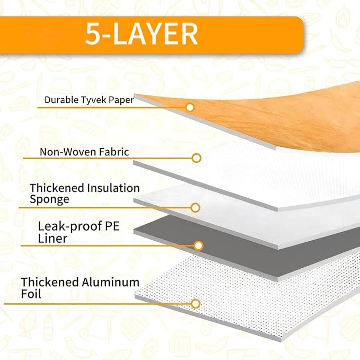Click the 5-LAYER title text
click(x=142, y=34)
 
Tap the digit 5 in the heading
click(x=92, y=34)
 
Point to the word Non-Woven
click(x=68, y=152)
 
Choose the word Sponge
click(x=49, y=199)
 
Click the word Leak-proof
click(x=70, y=226)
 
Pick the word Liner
click(x=52, y=238)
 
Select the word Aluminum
click(x=110, y=282)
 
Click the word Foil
click(x=31, y=294)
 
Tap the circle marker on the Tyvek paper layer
click(x=190, y=108)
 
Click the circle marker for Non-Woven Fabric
click(x=197, y=158)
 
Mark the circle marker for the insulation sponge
click(x=196, y=208)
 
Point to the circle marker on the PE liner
click(x=198, y=246)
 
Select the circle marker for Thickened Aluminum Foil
click(x=196, y=304)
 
